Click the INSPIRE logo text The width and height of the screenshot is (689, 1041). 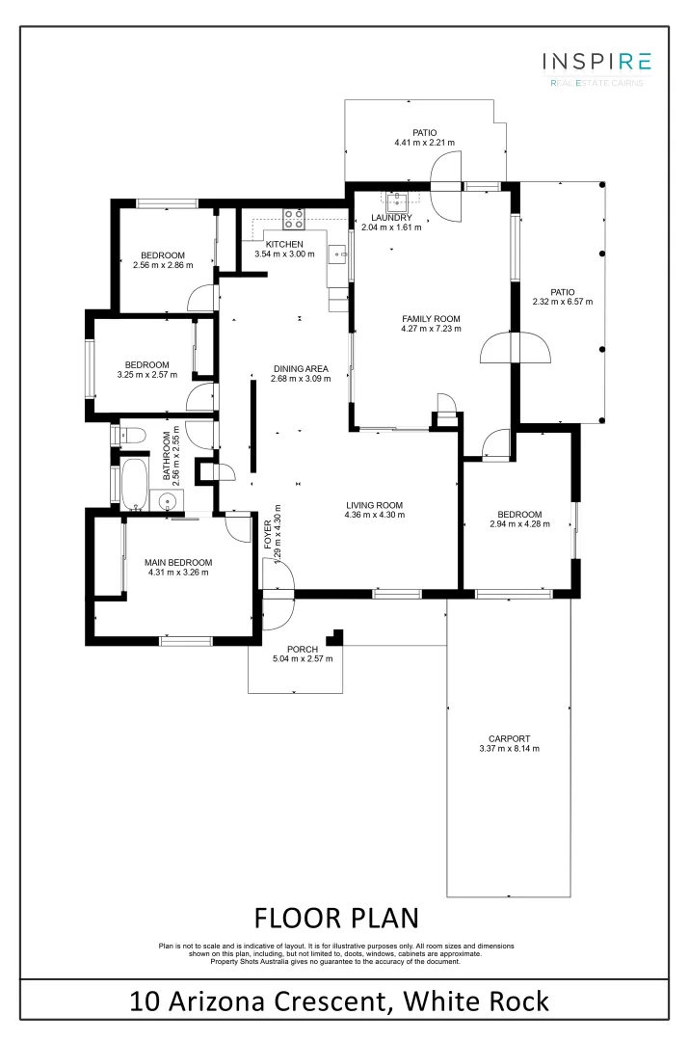tap(596, 63)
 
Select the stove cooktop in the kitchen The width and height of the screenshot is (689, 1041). tap(293, 217)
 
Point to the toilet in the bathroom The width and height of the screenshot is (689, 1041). tap(128, 434)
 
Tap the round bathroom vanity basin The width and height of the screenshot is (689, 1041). tap(166, 501)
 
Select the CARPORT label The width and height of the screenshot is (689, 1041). tap(509, 738)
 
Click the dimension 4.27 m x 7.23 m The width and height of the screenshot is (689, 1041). tap(431, 329)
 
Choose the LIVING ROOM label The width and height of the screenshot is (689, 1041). tap(374, 504)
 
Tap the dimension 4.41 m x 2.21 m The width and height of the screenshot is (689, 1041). tap(424, 143)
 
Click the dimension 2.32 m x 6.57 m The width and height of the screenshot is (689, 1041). tap(562, 302)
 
